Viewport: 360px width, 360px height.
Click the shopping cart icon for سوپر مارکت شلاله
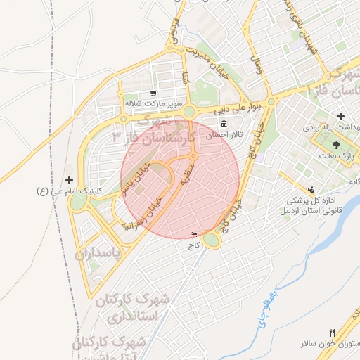(x=153, y=93)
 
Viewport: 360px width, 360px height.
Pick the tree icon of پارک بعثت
(x=336, y=143)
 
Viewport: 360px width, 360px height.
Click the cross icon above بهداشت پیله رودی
(x=341, y=116)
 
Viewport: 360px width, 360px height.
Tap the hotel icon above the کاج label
(x=194, y=234)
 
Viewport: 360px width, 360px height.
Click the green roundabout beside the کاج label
(x=211, y=240)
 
